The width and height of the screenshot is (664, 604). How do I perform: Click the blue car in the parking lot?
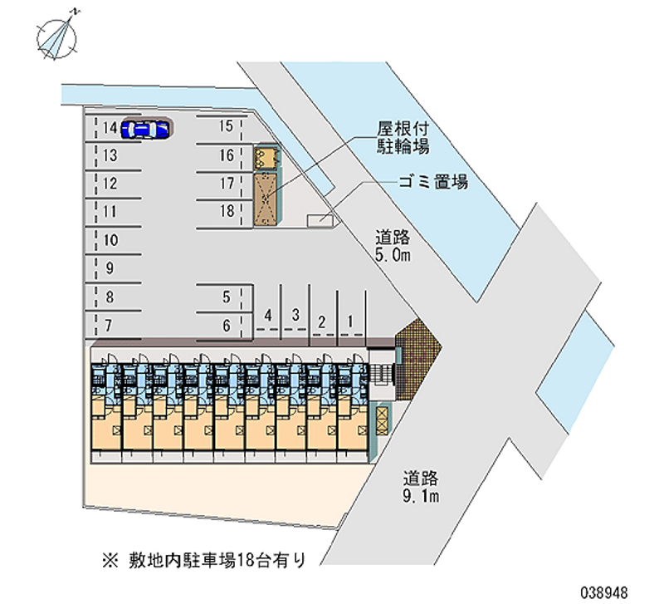click(144, 130)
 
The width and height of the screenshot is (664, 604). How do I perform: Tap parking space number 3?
click(295, 315)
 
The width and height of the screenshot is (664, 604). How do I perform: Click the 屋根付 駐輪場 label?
click(403, 137)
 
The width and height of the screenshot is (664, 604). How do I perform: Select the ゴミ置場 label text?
click(433, 181)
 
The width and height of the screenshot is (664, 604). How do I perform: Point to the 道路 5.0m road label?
click(393, 246)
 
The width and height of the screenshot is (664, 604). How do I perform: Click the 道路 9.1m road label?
click(421, 487)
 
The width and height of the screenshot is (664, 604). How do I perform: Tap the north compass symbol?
click(57, 37)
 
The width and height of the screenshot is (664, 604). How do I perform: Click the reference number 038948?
click(604, 592)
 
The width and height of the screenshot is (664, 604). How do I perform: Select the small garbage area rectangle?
click(320, 220)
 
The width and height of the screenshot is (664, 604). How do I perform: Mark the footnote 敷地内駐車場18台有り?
click(203, 561)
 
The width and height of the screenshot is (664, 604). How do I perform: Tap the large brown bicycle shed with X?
click(266, 199)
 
